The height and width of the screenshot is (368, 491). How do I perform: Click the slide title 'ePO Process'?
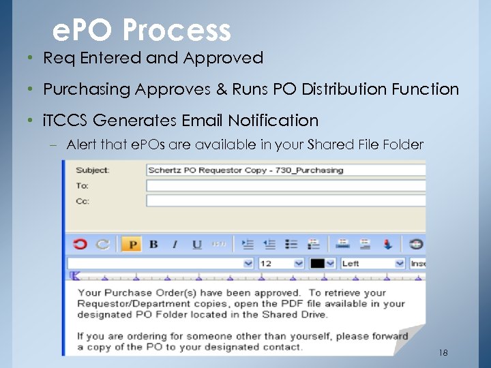pyautogui.click(x=142, y=30)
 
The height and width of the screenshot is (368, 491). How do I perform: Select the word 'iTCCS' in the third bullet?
pyautogui.click(x=65, y=121)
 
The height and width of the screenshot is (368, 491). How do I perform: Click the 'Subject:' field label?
pyautogui.click(x=92, y=170)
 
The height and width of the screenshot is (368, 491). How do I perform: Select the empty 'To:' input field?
pyautogui.click(x=285, y=185)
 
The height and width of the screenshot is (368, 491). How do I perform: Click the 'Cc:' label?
pyautogui.click(x=83, y=201)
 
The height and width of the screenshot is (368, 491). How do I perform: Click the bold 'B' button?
pyautogui.click(x=153, y=244)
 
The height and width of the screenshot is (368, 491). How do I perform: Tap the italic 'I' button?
pyautogui.click(x=175, y=244)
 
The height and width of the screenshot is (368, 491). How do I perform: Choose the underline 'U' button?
pyautogui.click(x=197, y=244)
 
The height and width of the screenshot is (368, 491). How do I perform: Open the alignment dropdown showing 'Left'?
pyautogui.click(x=372, y=263)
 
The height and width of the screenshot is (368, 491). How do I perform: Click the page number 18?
pyautogui.click(x=443, y=352)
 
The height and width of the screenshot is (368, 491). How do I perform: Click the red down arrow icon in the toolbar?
pyautogui.click(x=388, y=244)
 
